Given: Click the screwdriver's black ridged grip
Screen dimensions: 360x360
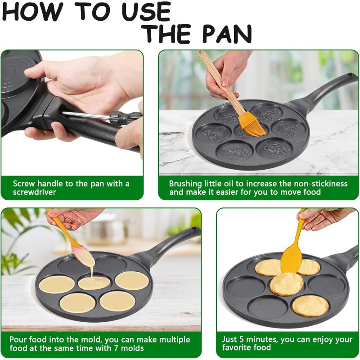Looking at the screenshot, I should (x=120, y=118).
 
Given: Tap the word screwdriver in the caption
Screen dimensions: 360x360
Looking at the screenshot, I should (x=35, y=192).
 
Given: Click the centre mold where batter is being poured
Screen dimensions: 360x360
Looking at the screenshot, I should (x=94, y=283).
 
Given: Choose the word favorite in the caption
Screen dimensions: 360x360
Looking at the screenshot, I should (x=238, y=348).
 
